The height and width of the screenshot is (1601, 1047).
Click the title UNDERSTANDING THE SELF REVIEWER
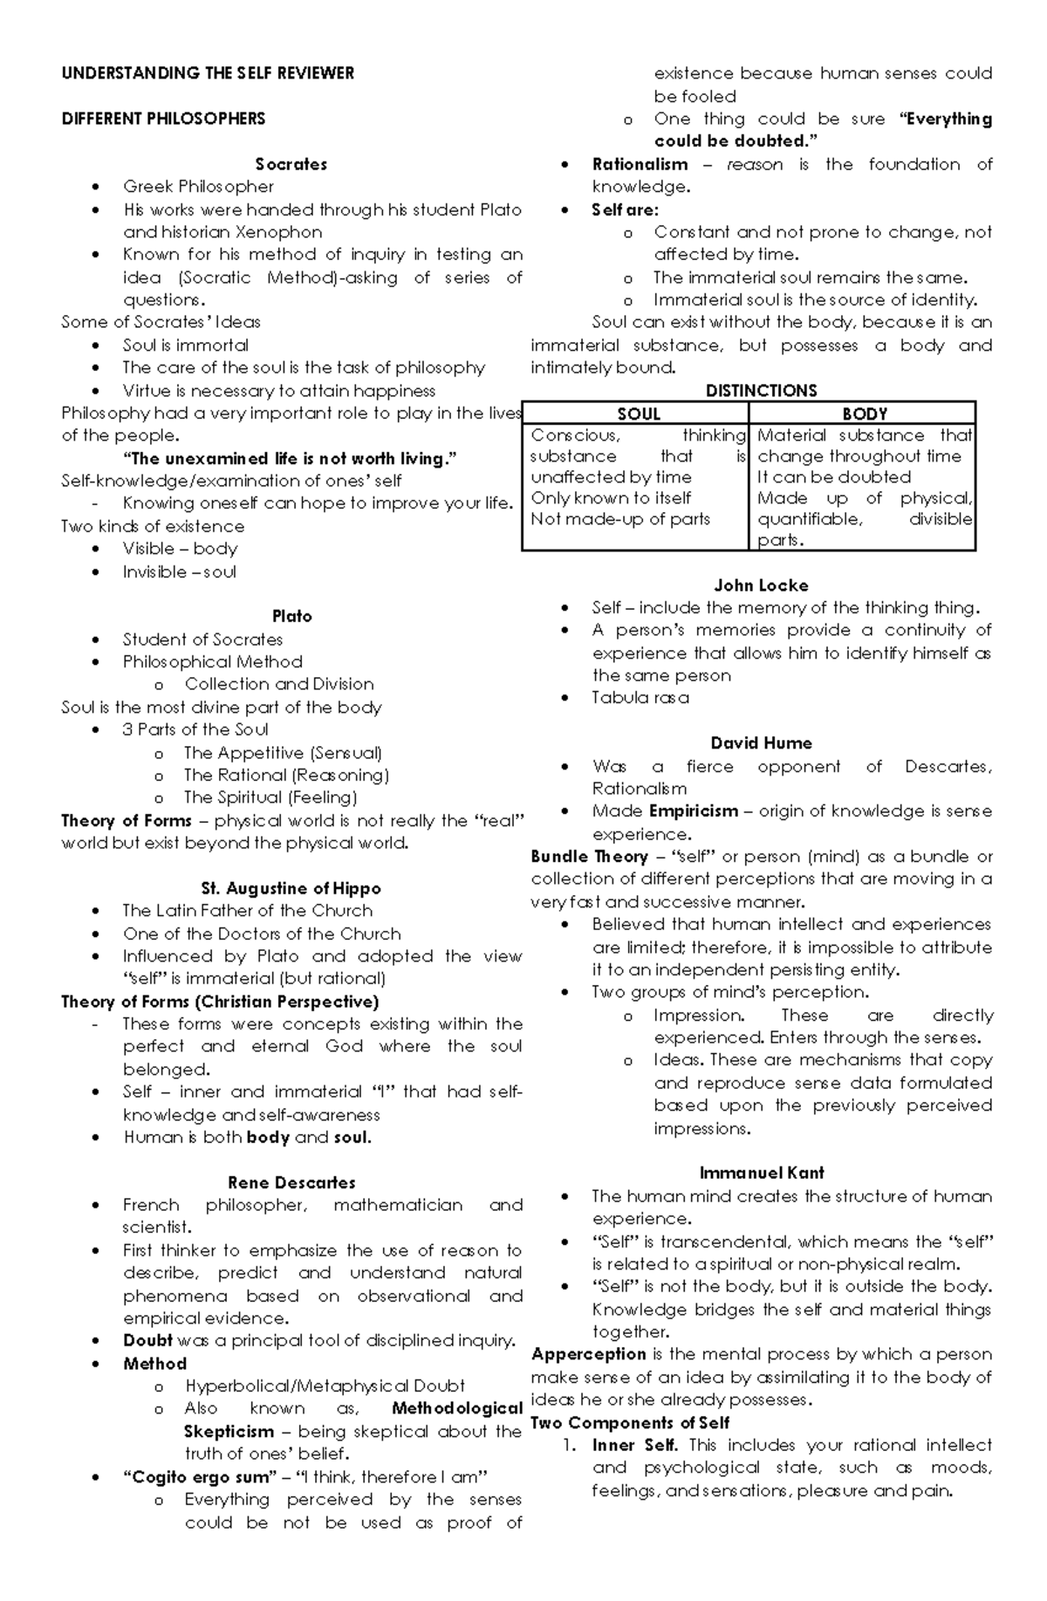(208, 73)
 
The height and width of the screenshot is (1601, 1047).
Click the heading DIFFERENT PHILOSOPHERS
(163, 119)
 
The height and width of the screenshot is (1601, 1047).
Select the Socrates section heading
(291, 164)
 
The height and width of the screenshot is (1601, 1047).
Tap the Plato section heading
(291, 616)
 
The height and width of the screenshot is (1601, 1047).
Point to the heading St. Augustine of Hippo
(291, 888)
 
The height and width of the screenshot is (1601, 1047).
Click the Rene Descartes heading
(291, 1182)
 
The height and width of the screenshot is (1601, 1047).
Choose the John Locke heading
(761, 585)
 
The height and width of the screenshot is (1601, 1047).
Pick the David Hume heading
(761, 743)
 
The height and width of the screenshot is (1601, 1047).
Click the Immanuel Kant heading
(761, 1173)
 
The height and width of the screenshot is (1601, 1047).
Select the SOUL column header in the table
(638, 414)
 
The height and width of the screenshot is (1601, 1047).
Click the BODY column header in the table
(864, 414)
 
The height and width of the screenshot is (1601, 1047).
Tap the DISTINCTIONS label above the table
(761, 390)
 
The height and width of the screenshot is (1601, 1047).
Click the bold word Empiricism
(693, 811)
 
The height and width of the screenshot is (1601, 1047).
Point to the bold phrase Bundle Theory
(589, 857)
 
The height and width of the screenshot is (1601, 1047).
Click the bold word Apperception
(588, 1354)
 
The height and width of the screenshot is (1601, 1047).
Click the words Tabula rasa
(640, 698)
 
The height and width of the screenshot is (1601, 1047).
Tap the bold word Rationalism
(640, 164)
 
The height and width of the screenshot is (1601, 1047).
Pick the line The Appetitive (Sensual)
(283, 752)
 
